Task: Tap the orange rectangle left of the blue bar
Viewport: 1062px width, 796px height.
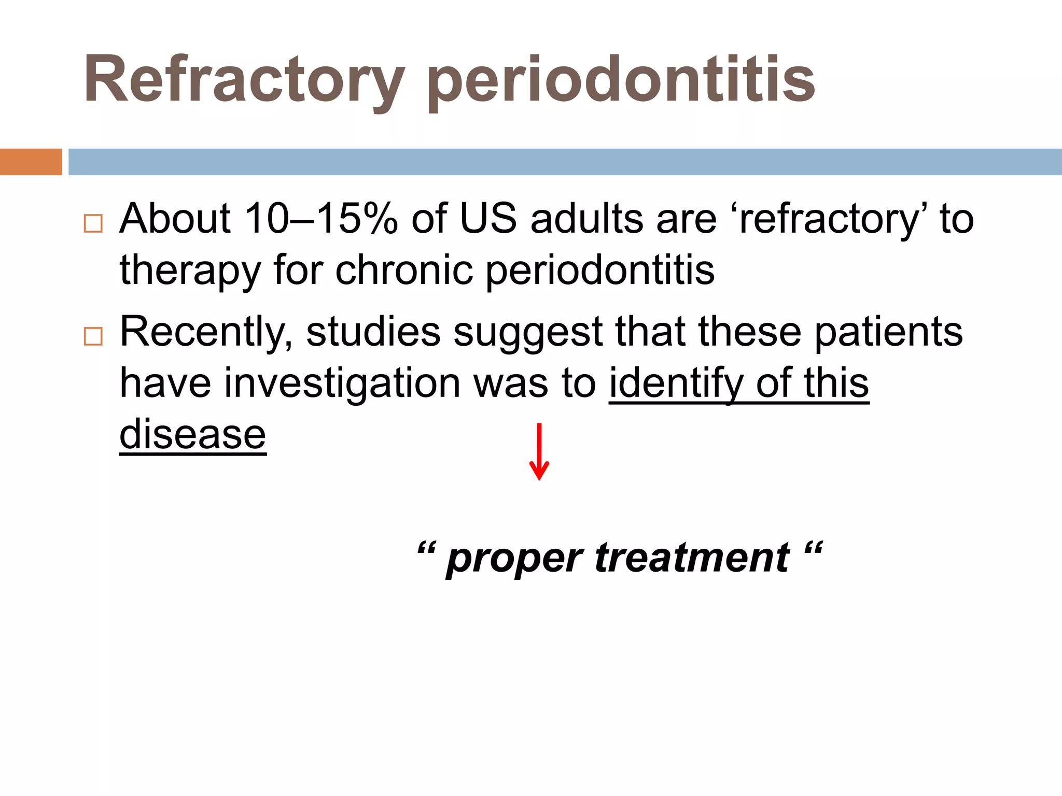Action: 31,162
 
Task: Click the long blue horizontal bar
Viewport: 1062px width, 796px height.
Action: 565,162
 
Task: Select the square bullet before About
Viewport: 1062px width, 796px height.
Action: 93,223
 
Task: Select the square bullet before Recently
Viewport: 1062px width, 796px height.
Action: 93,336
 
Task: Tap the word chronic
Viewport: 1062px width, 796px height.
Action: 404,270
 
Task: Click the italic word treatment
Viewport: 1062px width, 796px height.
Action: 692,558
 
